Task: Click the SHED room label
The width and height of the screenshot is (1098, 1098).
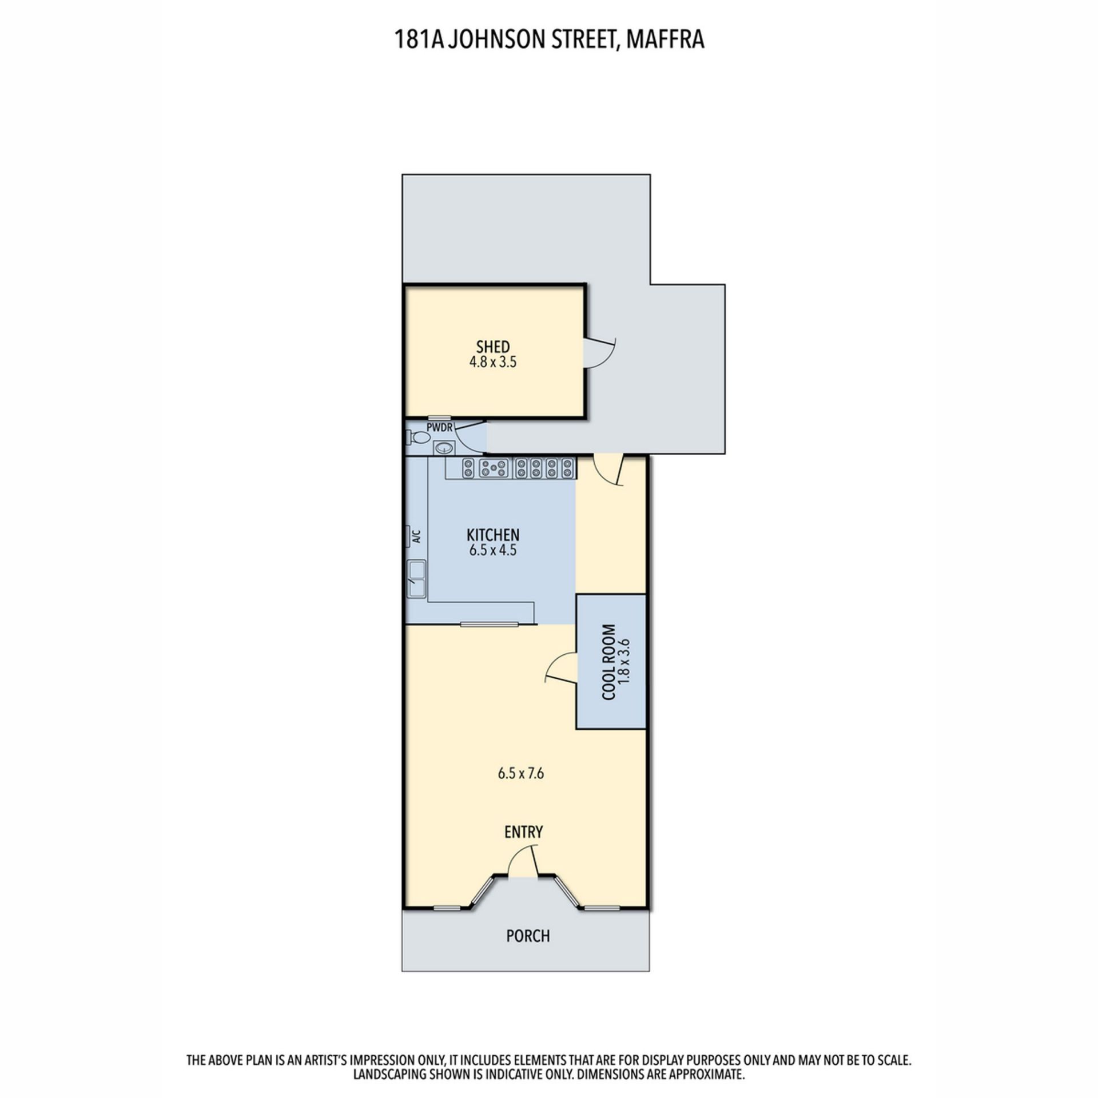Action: pos(492,347)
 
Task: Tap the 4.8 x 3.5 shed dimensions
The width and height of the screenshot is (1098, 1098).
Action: pos(493,362)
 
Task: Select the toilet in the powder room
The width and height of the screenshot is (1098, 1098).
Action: pos(419,438)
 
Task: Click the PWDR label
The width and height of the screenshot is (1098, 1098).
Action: pos(440,428)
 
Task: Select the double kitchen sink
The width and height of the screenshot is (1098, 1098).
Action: pos(416,579)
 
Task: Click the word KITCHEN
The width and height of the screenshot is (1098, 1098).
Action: pos(493,535)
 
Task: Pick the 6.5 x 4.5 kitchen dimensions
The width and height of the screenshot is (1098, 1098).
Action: pos(493,550)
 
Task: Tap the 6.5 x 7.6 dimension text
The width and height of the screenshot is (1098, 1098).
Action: pos(520,774)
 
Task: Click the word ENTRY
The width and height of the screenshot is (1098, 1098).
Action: pos(523,832)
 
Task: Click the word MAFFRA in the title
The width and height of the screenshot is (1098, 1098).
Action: pos(665,40)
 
